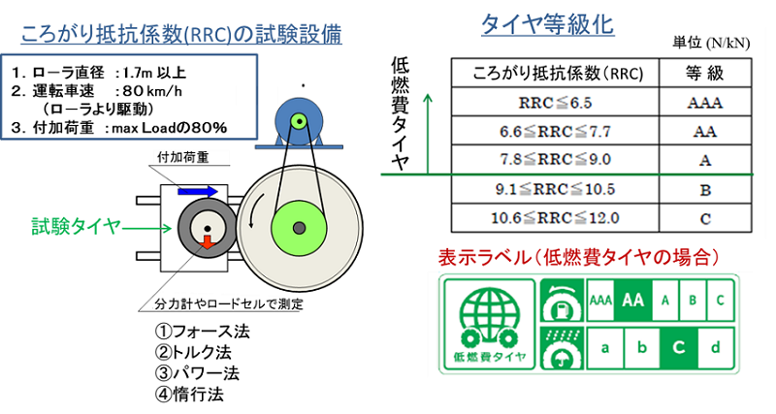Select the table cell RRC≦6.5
[555, 103]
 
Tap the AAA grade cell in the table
[705, 103]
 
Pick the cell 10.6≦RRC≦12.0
[555, 218]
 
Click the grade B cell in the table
[705, 189]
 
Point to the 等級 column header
[705, 74]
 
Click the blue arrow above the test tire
[198, 191]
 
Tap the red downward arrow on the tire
[207, 242]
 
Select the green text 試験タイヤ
[77, 227]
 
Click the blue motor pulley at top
[299, 120]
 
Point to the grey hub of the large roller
[299, 228]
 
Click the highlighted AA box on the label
[633, 300]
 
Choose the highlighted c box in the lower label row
[679, 348]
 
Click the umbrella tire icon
[562, 348]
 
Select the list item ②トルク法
[193, 352]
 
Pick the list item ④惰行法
[189, 395]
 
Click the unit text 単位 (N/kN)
[711, 43]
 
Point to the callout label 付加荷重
[182, 157]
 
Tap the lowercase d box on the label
[716, 348]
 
